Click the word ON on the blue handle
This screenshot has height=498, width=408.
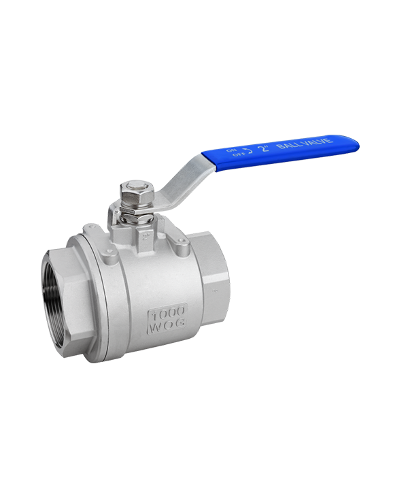click(x=232, y=150)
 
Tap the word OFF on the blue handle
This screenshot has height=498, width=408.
click(x=239, y=154)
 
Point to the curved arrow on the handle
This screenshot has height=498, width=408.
click(x=250, y=150)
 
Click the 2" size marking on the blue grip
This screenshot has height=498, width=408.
click(x=265, y=148)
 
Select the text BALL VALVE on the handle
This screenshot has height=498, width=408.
click(x=305, y=143)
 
